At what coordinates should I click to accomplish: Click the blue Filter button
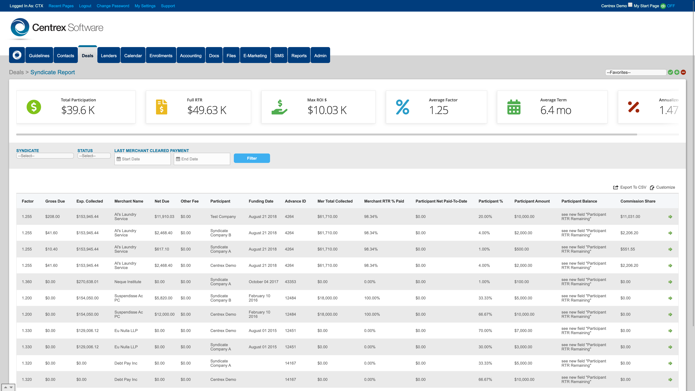(x=251, y=158)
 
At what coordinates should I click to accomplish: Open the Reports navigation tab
(x=299, y=56)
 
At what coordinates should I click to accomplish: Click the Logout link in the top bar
(x=85, y=6)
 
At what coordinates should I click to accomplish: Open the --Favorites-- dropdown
(x=635, y=72)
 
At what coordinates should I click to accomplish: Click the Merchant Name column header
(x=129, y=201)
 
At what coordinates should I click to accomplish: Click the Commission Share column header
(x=637, y=201)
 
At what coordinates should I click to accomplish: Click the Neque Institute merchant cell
(x=128, y=282)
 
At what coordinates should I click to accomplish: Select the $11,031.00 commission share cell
(x=630, y=217)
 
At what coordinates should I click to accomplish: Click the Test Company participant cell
(x=223, y=217)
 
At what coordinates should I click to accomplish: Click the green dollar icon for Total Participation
(x=34, y=107)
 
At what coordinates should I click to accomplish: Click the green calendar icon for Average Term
(x=514, y=107)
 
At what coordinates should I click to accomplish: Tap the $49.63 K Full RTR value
(x=207, y=110)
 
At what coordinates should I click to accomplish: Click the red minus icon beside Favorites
(x=683, y=72)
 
